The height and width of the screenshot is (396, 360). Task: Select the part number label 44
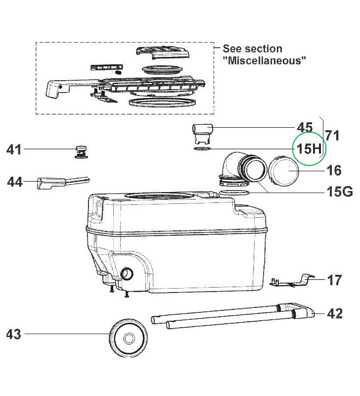tap(16, 183)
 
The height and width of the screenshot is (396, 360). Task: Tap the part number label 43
tap(14, 335)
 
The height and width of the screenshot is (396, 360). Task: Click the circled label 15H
tap(308, 148)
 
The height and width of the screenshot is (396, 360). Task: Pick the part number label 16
tap(334, 170)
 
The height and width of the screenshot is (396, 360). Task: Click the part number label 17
tap(334, 280)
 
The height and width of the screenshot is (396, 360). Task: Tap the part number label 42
tap(335, 314)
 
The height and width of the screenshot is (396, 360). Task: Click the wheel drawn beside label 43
tap(128, 339)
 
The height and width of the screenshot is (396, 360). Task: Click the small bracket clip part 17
tap(294, 280)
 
